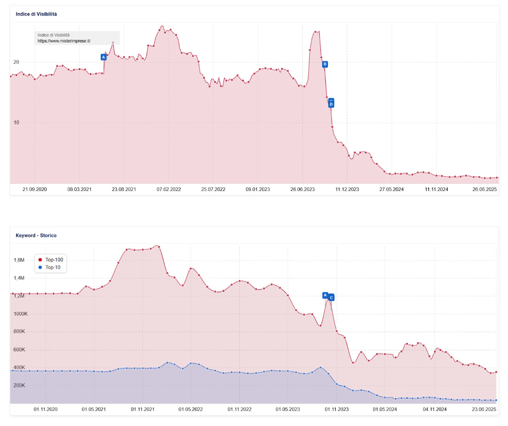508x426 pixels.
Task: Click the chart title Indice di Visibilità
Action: [x=36, y=14]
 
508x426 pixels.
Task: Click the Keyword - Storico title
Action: [x=36, y=235]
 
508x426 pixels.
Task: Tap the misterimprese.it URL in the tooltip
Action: [x=64, y=41]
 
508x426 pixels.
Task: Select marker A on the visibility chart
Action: [x=104, y=57]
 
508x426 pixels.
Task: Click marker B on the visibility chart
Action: [x=325, y=64]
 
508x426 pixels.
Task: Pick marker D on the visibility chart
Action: [x=331, y=104]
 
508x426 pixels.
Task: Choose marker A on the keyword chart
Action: [x=325, y=295]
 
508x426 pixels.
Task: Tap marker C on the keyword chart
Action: [x=332, y=298]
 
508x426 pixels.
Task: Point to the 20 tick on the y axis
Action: [x=16, y=62]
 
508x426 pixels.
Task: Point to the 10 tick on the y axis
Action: [x=16, y=122]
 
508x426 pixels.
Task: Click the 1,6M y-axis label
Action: [x=19, y=260]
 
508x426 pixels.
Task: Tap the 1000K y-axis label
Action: [x=20, y=314]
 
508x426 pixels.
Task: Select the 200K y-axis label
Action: [x=19, y=385]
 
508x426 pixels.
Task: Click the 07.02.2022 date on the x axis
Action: [x=169, y=189]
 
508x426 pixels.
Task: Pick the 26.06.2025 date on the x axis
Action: [x=484, y=189]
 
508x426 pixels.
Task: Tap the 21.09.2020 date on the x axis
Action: [x=35, y=189]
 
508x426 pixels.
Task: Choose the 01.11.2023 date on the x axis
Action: [x=336, y=409]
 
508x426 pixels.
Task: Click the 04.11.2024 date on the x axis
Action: [x=434, y=409]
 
